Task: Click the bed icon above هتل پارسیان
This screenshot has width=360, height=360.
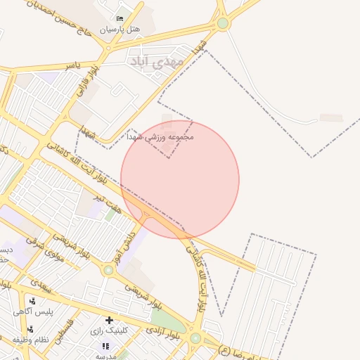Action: coord(120,18)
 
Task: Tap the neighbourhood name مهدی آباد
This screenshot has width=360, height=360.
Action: coord(156,62)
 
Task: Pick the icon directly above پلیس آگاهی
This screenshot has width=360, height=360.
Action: coord(32,301)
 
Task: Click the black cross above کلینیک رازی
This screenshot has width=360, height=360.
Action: coord(109,320)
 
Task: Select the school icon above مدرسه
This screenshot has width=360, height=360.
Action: coord(106,346)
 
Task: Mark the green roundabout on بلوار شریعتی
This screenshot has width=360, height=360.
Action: coord(108,269)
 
